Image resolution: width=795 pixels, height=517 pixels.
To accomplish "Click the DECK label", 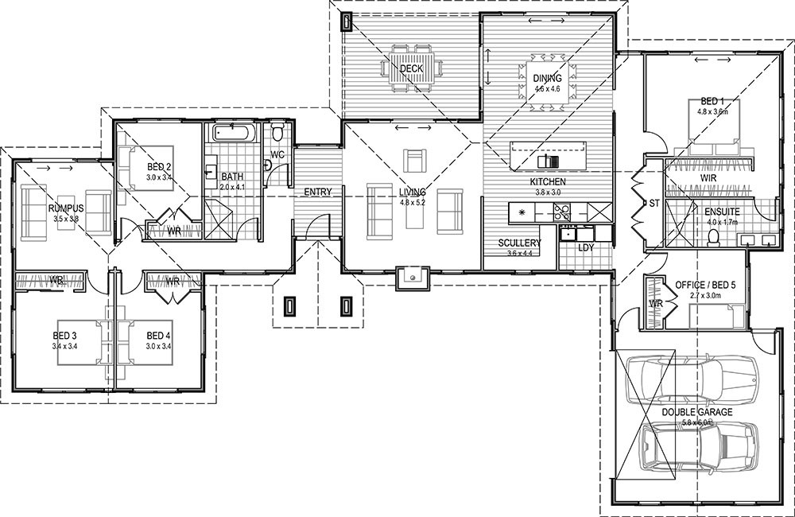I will tap(411, 69).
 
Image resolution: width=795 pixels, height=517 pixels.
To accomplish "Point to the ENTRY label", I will tap(317, 192).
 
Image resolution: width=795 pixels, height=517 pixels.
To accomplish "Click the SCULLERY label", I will tap(520, 243).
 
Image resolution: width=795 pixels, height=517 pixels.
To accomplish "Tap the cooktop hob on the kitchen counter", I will tap(561, 212).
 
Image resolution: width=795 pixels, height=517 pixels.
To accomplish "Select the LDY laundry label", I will tap(587, 247).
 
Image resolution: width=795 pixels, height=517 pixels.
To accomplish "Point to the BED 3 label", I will tap(59, 335).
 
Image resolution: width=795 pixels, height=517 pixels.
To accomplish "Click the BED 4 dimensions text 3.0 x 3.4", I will tap(159, 347).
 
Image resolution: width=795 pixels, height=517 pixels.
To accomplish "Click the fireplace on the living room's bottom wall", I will tap(412, 278).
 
